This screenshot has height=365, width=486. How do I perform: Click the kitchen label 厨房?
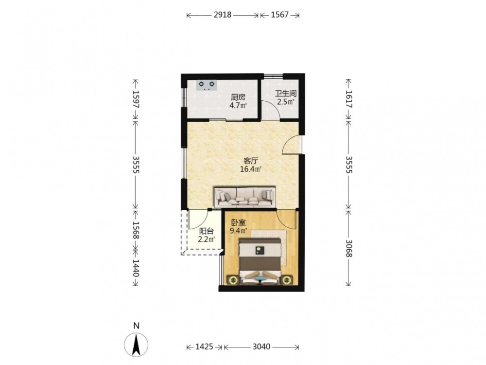point(238,97)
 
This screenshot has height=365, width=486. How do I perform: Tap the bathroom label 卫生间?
point(286,93)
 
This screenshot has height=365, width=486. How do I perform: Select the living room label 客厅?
point(251,161)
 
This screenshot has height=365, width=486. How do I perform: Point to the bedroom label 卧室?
point(239,222)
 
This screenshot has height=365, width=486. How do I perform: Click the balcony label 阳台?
point(207,231)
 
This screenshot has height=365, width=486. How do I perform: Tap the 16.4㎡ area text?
point(251,169)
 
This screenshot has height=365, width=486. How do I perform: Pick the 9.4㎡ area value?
point(238,231)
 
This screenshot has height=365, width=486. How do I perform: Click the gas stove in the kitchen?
point(207,85)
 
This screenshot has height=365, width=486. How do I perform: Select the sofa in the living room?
point(245,197)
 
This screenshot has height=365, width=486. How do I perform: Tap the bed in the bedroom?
point(260,261)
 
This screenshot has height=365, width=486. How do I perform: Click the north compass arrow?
point(136,345)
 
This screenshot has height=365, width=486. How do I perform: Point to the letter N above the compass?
point(136,326)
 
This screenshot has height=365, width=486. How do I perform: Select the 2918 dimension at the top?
point(222,15)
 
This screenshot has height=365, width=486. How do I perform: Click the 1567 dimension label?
point(279,15)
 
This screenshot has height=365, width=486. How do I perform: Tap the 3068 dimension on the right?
point(348,248)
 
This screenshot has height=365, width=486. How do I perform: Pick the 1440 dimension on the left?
point(136,268)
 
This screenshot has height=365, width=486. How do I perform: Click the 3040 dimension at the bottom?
point(261,347)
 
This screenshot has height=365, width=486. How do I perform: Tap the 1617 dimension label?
point(348,99)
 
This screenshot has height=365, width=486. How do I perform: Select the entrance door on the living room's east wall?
point(292,145)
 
